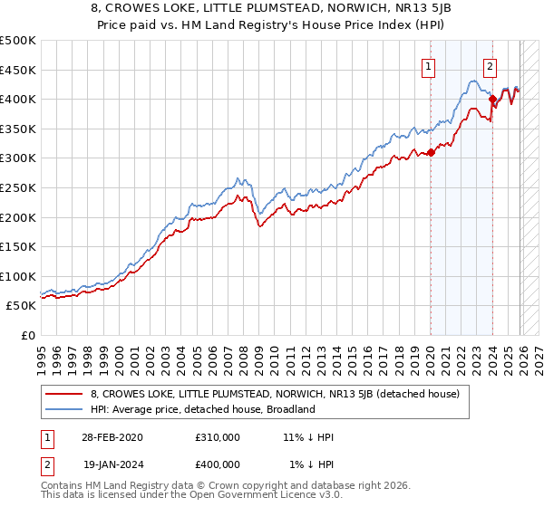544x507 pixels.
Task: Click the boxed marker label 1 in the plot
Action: tap(427, 65)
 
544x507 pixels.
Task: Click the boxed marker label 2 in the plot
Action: tap(490, 65)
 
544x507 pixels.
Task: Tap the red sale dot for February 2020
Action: tap(431, 152)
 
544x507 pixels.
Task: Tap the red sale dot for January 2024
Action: tap(492, 100)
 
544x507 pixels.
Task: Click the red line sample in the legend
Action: tap(65, 394)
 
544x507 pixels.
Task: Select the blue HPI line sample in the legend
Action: tap(65, 409)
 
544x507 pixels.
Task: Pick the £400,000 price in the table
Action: tap(218, 464)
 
